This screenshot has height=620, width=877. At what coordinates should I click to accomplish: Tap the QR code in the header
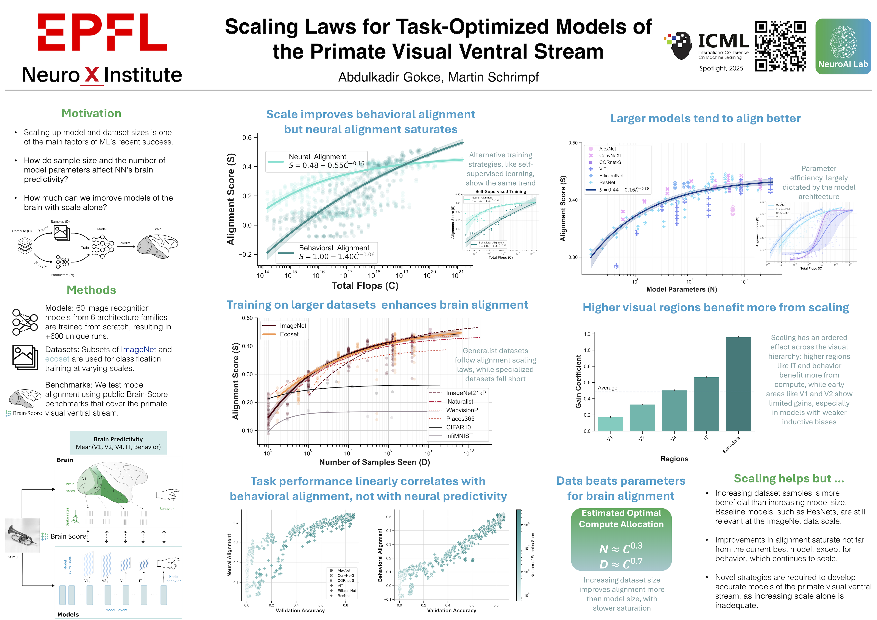(x=780, y=46)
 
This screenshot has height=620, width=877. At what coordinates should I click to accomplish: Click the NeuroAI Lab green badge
(x=843, y=46)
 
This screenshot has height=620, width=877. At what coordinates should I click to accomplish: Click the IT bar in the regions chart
(x=706, y=404)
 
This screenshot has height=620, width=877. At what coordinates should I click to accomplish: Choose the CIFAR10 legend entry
(x=458, y=427)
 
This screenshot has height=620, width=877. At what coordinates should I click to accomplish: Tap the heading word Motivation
(x=91, y=113)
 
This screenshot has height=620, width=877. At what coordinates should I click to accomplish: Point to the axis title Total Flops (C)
(x=365, y=286)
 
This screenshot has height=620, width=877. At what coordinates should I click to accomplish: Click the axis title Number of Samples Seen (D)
(x=374, y=462)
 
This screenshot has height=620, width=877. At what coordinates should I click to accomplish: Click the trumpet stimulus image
(x=22, y=535)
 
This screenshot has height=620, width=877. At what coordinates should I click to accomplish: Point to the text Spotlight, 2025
(x=721, y=68)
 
